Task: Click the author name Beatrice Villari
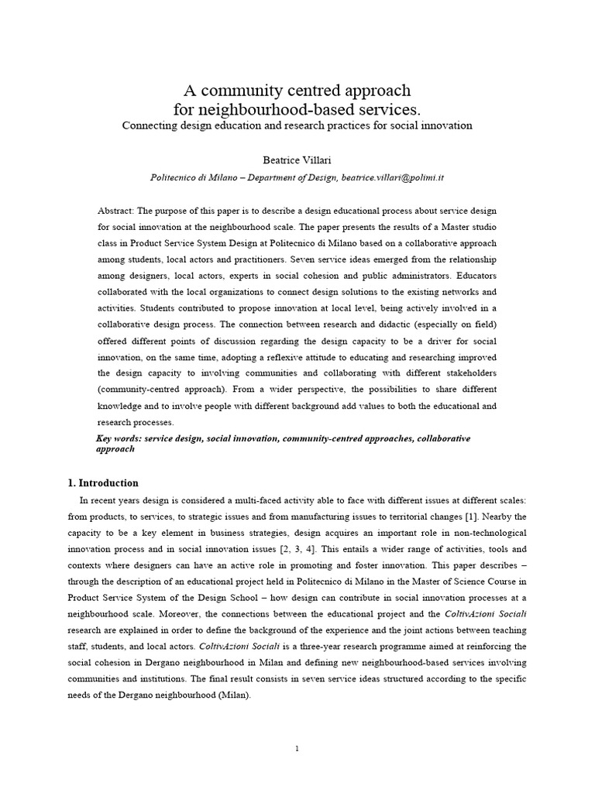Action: pos(297,158)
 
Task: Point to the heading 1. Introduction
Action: pos(103,482)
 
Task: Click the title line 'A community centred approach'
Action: pos(297,90)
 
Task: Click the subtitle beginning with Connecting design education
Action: pos(297,125)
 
